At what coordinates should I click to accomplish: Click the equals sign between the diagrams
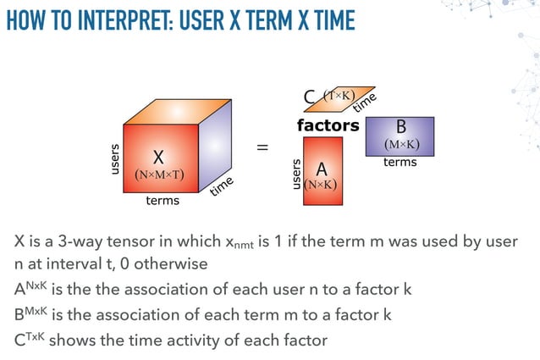(x=263, y=148)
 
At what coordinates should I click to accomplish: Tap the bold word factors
(x=328, y=125)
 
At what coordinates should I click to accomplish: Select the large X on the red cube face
(x=158, y=157)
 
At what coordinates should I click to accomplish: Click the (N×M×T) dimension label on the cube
(x=160, y=175)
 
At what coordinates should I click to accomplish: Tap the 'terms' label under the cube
(x=163, y=201)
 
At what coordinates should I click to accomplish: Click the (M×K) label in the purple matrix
(x=401, y=144)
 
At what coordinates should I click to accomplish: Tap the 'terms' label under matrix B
(x=400, y=162)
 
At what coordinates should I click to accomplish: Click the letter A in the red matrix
(x=321, y=169)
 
